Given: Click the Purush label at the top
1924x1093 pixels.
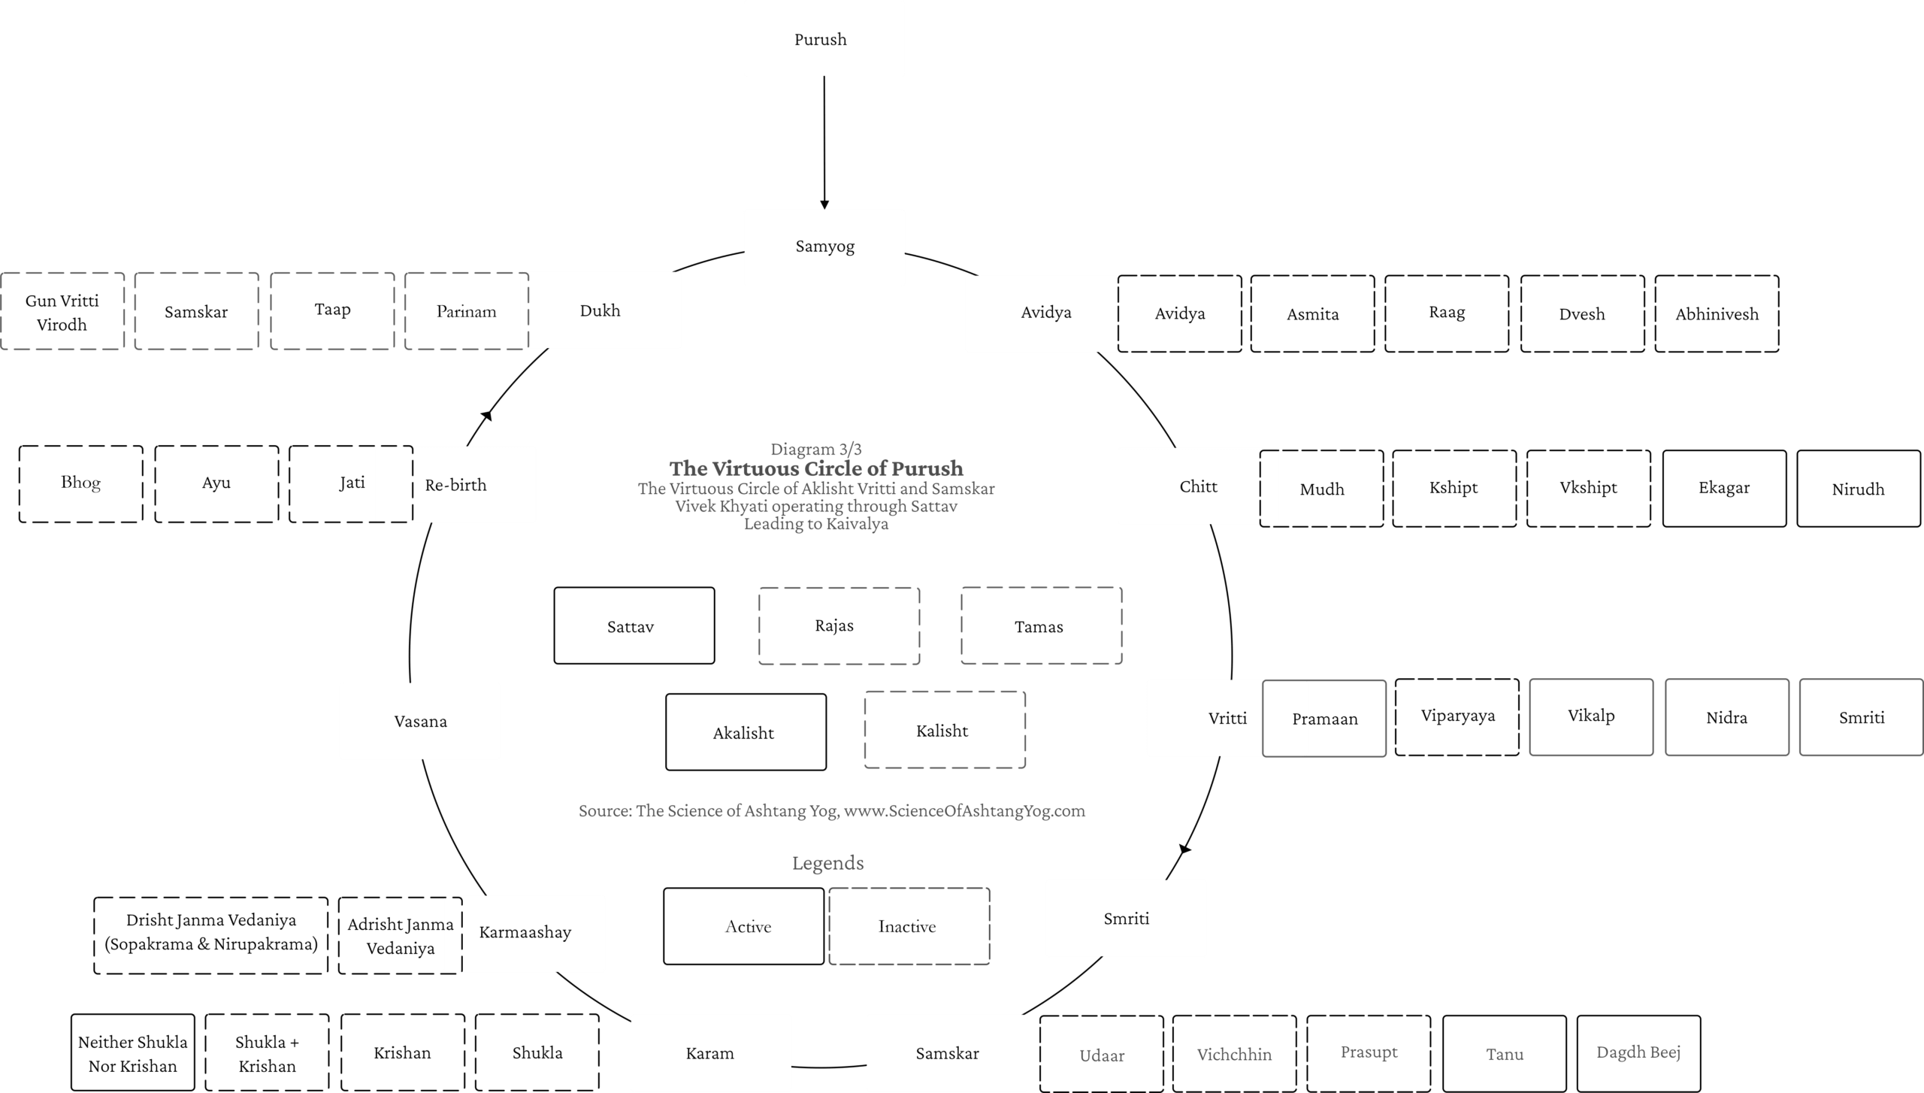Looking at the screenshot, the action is click(820, 40).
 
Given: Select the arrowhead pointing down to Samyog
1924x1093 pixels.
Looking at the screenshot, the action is click(824, 204).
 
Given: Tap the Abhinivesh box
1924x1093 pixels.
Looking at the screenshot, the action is click(1717, 313).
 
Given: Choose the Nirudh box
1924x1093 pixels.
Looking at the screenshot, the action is click(1858, 489).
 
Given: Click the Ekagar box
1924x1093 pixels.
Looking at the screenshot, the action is click(1724, 489).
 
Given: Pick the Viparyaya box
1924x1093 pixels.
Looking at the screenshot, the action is click(1457, 717).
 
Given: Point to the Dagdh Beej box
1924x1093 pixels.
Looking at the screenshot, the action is click(1638, 1053).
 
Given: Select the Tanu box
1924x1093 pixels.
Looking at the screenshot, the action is click(1505, 1053).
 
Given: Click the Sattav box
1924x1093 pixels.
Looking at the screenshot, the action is click(634, 625).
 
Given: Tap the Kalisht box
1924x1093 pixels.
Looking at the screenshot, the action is click(945, 730).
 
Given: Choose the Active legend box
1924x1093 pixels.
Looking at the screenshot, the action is click(744, 926).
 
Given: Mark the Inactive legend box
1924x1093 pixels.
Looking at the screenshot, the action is click(909, 926).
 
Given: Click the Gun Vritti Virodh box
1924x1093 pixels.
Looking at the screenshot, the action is click(62, 311).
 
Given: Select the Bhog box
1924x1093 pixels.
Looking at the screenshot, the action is click(81, 484).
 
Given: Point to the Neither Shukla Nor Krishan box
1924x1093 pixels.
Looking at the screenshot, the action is click(133, 1052).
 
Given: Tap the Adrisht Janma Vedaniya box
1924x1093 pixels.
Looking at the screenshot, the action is click(400, 936).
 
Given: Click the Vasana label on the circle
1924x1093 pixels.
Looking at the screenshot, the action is click(421, 722).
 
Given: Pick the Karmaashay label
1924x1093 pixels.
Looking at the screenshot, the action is click(525, 933).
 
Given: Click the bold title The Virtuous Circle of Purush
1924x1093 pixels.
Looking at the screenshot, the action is click(816, 468).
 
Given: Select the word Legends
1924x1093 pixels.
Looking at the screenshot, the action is click(827, 863).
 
